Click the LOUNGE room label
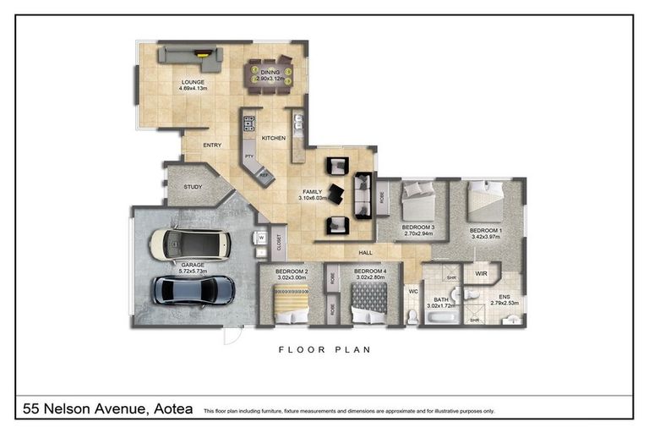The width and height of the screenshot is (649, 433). point(193,83)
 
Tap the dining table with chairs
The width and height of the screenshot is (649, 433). point(269,74)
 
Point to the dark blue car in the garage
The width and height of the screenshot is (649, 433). point(193,290)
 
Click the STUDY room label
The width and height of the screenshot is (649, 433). point(193,188)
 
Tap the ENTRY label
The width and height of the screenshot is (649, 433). point(212,145)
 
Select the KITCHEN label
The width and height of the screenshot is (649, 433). point(273,138)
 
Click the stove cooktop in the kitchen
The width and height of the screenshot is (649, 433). point(249,124)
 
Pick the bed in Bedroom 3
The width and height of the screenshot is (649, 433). point(418,201)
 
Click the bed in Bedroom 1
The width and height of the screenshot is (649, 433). point(485,200)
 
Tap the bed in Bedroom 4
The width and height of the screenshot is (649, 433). point(368,302)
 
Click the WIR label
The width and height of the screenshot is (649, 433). point(482,274)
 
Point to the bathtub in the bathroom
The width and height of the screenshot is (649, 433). point(443,318)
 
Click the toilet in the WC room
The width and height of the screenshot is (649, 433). point(412,315)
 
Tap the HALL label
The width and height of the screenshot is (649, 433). point(365,252)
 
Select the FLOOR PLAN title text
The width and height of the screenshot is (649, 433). point(324,348)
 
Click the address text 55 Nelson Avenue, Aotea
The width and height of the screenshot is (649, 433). point(106,409)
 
